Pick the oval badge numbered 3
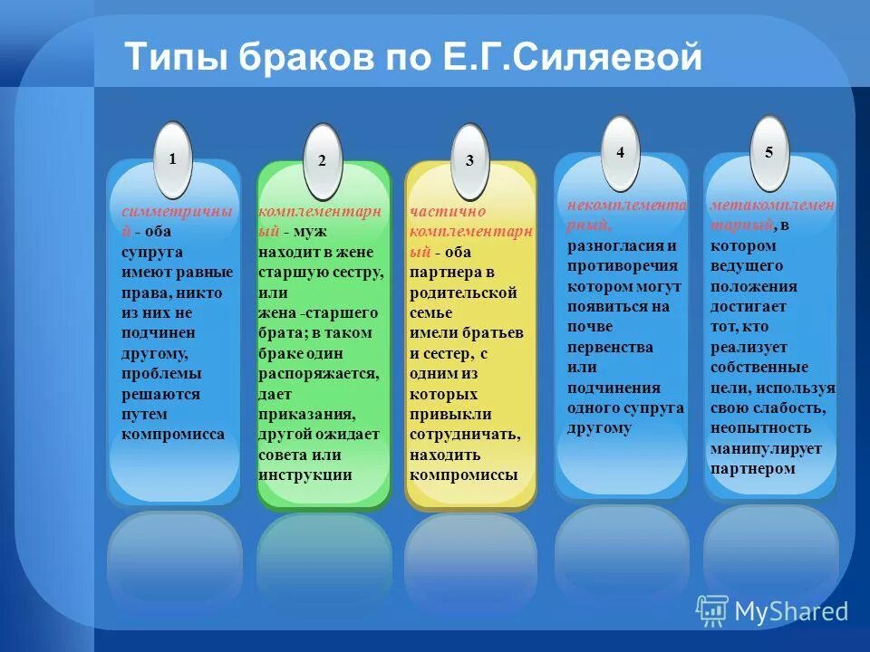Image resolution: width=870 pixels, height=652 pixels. pos(469,161)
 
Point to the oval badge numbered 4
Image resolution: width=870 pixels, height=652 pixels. pos(620,154)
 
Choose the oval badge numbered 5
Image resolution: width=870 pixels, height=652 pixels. pos(768,153)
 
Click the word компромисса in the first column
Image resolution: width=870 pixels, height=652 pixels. pos(172,434)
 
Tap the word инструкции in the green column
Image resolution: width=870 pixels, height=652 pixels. pos(304,475)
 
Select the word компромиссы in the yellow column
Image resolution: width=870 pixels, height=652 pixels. pos(463,475)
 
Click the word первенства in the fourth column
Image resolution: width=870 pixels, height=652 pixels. pos(610,347)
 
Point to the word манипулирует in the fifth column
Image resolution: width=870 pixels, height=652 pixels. pos(766,448)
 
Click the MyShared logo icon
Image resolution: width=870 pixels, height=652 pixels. pos(712,611)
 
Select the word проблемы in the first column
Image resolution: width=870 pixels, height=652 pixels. pos(162,373)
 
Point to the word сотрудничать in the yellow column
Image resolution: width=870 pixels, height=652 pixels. pos(464,435)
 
